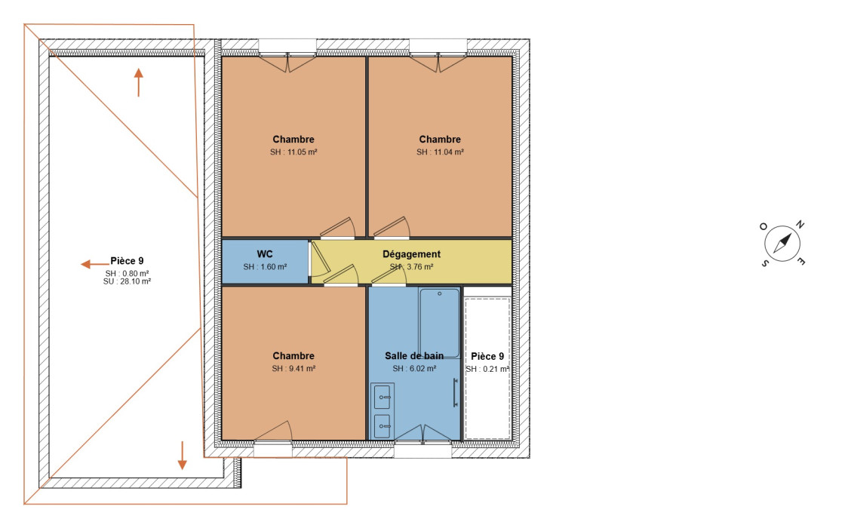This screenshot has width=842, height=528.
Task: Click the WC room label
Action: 265,254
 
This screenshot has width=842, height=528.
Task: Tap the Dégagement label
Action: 411,254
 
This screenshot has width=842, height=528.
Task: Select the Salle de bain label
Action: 414,356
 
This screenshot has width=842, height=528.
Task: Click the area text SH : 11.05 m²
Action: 293,152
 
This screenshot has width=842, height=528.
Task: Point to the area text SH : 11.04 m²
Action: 440,152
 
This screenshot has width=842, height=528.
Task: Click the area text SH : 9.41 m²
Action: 293,369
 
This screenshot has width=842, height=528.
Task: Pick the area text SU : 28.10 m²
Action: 127,281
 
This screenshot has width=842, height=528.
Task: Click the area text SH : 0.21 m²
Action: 487,369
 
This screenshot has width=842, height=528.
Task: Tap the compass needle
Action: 782,244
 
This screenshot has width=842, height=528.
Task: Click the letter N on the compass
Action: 800,224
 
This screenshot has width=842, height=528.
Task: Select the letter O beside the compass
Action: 763,226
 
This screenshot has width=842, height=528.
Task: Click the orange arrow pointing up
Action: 139,82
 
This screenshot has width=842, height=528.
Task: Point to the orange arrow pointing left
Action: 95,264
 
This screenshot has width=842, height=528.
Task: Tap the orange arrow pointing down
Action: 182,456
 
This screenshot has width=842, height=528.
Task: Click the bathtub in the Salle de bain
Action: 439,323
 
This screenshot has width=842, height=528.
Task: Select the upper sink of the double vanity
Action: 383,397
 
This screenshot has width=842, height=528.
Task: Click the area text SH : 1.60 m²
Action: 265,267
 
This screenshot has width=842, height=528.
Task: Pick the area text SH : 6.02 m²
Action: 414,369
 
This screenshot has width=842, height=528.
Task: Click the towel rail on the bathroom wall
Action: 456,392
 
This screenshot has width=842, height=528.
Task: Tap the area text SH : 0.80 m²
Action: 127,274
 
